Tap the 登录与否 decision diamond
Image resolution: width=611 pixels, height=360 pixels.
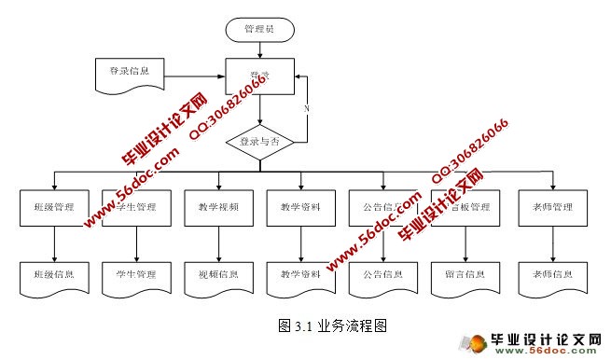click(x=260, y=142)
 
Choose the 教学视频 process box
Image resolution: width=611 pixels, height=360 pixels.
click(x=218, y=207)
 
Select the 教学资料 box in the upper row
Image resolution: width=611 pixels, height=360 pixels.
click(x=300, y=207)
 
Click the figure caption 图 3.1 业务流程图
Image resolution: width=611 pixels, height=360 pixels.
click(x=332, y=326)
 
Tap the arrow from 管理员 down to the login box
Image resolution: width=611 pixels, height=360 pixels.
click(x=259, y=50)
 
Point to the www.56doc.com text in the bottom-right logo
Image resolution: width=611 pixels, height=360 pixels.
click(x=542, y=352)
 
